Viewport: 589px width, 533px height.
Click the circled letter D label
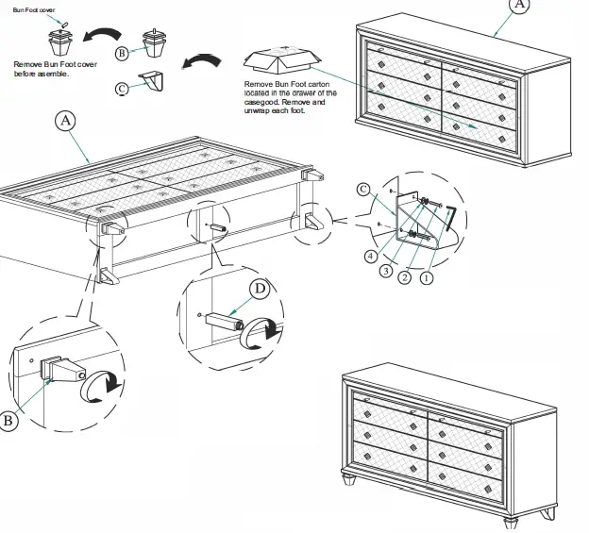(x=259, y=288)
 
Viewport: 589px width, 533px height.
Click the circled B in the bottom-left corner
(x=8, y=422)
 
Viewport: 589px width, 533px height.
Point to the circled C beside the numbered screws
(x=363, y=189)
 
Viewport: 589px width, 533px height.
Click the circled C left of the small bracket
(x=122, y=89)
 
